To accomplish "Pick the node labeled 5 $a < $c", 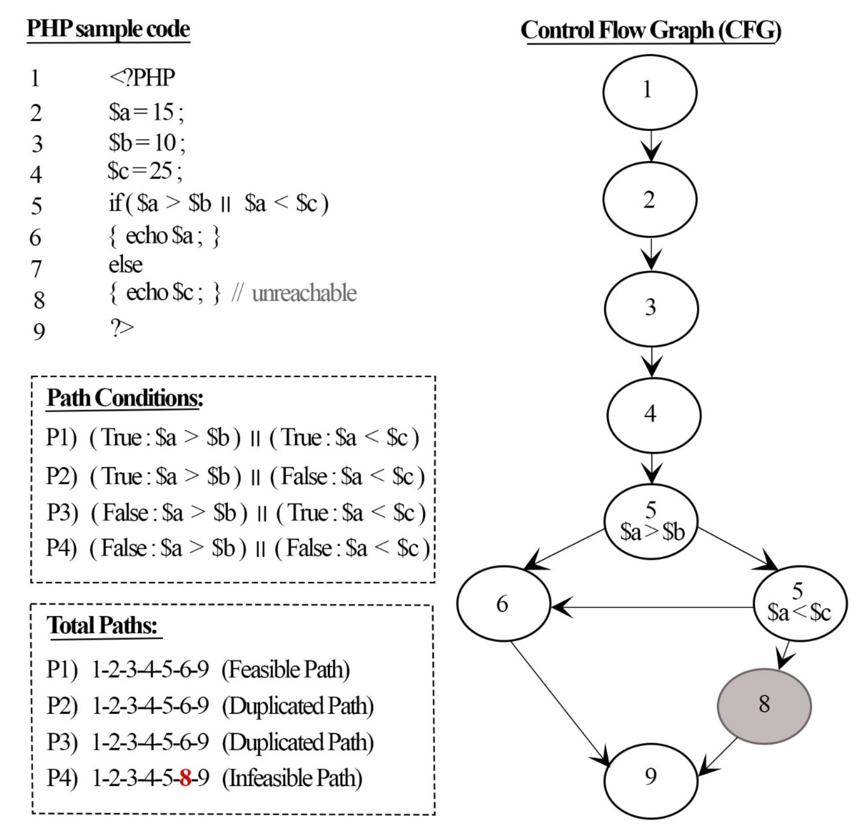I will coord(800,604).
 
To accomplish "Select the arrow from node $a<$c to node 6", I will coord(652,607).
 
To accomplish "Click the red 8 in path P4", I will coord(185,778).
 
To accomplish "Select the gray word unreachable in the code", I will coord(304,293).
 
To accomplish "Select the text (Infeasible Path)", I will coord(292,778).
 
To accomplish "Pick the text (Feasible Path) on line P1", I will coord(286,670).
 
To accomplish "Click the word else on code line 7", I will coord(126,265).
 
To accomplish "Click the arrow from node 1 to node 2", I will coord(651,145).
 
